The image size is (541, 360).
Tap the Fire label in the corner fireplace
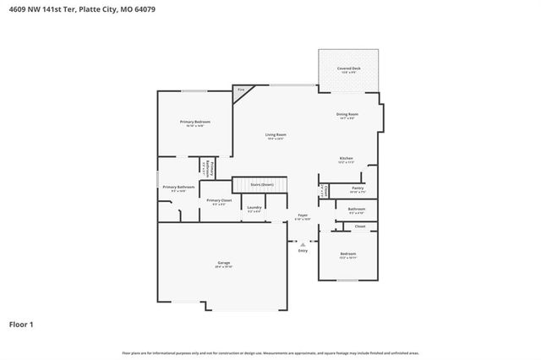[240, 90]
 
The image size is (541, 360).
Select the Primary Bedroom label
[194, 122]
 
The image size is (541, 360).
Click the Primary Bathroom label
[178, 187]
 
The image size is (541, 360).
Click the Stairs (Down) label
[262, 183]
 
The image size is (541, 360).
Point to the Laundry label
[254, 207]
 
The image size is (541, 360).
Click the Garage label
[223, 263]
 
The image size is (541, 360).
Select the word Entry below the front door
[303, 250]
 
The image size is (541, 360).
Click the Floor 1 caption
[21, 324]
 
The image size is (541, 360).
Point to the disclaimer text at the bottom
[270, 352]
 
